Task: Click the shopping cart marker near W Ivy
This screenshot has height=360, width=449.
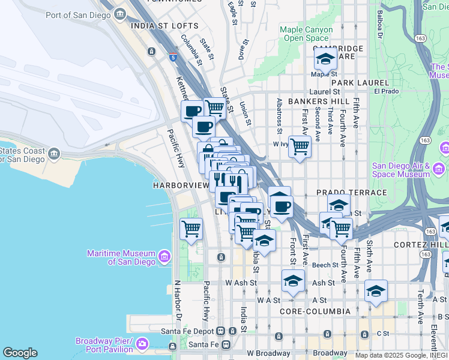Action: point(300,146)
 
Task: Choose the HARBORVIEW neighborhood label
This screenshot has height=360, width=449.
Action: point(180,185)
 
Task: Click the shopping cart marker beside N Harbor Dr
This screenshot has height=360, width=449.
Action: point(191,229)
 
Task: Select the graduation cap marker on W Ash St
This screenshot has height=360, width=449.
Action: point(293,281)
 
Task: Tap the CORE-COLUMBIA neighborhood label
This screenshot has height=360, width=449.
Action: point(315,311)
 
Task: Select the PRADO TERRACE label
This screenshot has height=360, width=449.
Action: point(352,193)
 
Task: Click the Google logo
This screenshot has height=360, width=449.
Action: point(20,353)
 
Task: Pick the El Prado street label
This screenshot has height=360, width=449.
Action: point(386,91)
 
